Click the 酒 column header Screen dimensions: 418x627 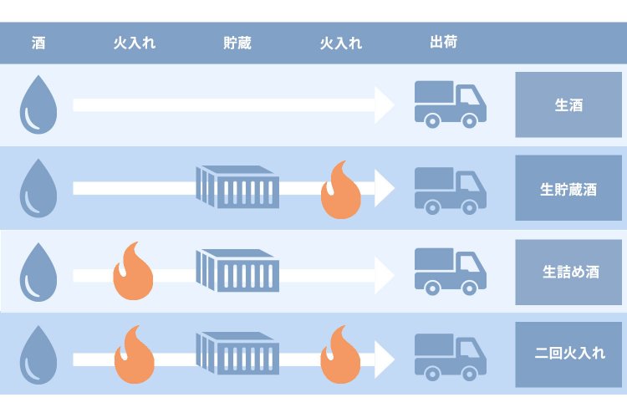pos(38,43)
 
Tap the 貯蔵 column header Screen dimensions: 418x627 pos(237,43)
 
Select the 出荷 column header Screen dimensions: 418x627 pos(443,42)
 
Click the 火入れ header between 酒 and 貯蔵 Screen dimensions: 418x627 pos(134,43)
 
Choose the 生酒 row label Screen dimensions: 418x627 pos(568,105)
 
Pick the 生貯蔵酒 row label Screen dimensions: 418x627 pos(568,188)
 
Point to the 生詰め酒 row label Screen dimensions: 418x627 pos(568,272)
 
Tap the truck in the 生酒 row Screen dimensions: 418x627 pos(450,104)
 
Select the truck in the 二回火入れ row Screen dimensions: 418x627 pos(450,354)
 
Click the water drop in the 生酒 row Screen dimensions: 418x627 pos(38,105)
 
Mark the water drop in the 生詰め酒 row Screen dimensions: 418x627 pos(38,273)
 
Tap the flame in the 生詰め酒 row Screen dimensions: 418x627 pos(134,272)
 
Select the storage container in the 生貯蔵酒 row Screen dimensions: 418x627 pos(237,186)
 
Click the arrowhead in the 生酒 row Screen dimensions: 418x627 pos(385,104)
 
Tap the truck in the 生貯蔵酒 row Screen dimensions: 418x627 pos(450,188)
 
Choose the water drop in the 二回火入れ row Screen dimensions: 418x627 pos(38,355)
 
